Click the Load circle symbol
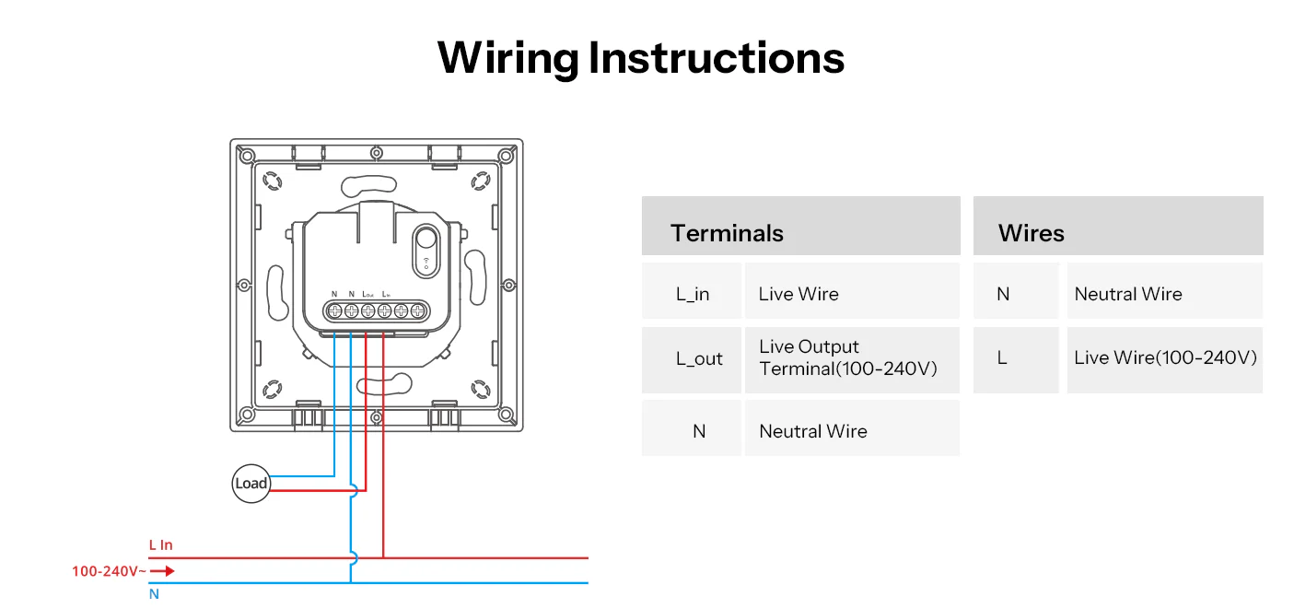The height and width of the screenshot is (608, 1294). (x=251, y=484)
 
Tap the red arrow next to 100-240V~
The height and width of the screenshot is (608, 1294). (x=162, y=571)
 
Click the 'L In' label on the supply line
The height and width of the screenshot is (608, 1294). (x=161, y=545)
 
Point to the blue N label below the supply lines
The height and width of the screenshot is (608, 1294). (x=154, y=594)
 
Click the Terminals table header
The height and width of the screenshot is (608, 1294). (x=727, y=233)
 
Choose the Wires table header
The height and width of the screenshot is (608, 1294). (x=1031, y=233)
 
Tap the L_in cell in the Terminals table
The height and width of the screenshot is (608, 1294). (x=692, y=294)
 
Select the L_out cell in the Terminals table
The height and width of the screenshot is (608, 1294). (x=699, y=358)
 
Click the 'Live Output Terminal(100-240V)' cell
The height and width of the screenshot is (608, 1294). (x=847, y=357)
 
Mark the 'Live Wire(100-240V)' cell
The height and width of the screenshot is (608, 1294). (x=1165, y=357)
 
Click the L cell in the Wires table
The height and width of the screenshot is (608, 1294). (x=1002, y=357)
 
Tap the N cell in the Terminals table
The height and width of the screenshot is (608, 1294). (x=699, y=430)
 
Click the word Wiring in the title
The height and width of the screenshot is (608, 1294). (x=507, y=57)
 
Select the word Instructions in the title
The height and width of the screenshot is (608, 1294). (x=717, y=57)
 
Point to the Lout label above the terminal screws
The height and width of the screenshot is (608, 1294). (x=367, y=294)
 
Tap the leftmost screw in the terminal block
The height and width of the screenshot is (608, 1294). (x=334, y=310)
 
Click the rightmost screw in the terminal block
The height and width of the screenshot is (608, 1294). (x=417, y=310)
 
